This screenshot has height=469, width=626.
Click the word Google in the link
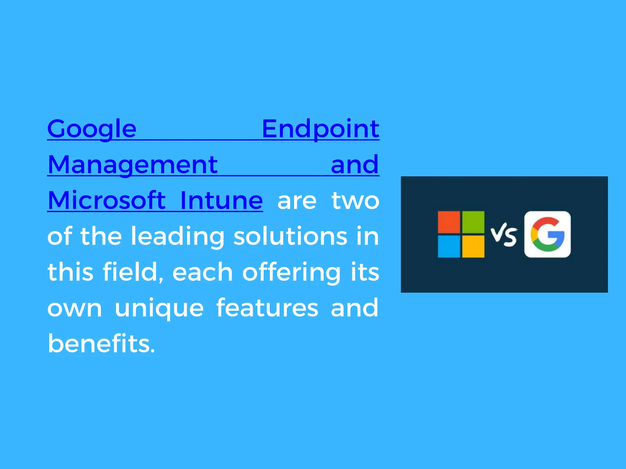[92, 129]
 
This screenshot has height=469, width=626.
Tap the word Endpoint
[320, 129]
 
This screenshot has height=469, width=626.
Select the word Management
[133, 165]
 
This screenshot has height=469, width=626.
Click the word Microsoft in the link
[107, 201]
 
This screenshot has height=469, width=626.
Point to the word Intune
[221, 201]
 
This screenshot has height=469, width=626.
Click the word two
[355, 201]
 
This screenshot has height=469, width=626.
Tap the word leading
[178, 237]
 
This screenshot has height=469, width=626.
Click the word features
[267, 308]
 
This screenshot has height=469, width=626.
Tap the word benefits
[101, 344]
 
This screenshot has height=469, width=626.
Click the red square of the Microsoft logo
[449, 222]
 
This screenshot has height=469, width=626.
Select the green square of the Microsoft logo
[473, 222]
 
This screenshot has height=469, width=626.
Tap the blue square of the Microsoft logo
[449, 246]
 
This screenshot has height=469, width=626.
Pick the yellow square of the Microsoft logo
[473, 246]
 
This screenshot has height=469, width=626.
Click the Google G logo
[547, 234]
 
